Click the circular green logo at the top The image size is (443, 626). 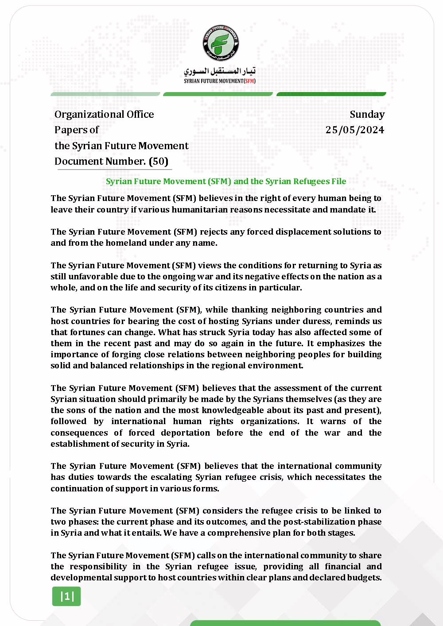point(220,43)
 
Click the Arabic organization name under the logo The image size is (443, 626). point(220,71)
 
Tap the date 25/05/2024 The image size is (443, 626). point(355,130)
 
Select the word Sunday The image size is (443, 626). point(367,114)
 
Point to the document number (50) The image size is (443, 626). point(159,161)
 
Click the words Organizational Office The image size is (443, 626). point(104,114)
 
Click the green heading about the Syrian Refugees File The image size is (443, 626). point(226,181)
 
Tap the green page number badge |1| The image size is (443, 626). point(66,596)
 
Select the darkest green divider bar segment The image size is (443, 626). point(331,94)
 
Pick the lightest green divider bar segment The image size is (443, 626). point(105,94)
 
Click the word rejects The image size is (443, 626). point(215,232)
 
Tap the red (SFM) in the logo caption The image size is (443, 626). point(250,81)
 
